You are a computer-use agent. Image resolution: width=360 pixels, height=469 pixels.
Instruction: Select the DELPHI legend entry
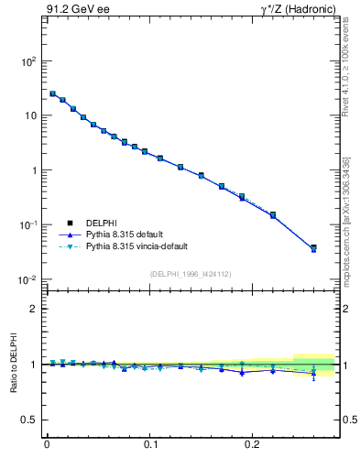pos(102,222)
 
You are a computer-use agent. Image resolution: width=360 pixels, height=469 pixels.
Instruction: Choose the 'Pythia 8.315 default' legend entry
pos(125,234)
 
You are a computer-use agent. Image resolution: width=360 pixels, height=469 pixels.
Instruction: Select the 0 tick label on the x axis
pos(47,450)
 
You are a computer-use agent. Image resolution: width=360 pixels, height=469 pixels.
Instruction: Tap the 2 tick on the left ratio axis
pos(33,309)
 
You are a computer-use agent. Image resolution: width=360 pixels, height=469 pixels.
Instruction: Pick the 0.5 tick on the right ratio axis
pos(349,420)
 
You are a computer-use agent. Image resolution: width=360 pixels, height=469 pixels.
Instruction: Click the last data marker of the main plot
pos(313,248)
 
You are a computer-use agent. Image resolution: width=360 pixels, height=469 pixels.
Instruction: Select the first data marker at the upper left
pos(52,93)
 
